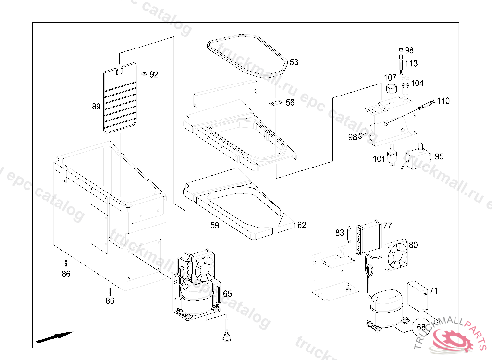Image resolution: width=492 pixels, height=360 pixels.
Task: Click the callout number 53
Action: [x=294, y=62]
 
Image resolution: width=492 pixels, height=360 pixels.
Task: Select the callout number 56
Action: [x=290, y=103]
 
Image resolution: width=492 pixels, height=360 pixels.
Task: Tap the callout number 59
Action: [x=214, y=225]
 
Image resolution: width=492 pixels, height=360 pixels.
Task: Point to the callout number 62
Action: [x=301, y=225]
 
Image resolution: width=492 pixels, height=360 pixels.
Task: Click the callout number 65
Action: [x=227, y=294]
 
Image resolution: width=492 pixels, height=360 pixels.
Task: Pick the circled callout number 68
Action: [x=421, y=327]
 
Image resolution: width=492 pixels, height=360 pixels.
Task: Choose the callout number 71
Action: [x=433, y=291]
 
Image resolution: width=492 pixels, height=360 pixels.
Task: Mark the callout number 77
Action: [x=387, y=226]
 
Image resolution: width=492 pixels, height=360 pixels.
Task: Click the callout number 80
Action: [x=413, y=245]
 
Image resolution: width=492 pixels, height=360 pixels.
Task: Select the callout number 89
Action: [x=96, y=107]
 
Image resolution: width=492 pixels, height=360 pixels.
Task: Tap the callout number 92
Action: [x=154, y=74]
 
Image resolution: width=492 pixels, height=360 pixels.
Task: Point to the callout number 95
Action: [x=439, y=156]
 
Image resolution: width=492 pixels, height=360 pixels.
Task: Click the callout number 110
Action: [x=443, y=101]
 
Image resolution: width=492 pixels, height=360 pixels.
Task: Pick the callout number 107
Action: [x=390, y=78]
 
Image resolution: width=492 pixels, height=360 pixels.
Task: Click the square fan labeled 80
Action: [x=397, y=255]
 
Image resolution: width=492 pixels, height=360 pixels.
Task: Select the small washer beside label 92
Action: [x=143, y=73]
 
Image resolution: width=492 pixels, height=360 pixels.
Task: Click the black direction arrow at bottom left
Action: [x=54, y=337]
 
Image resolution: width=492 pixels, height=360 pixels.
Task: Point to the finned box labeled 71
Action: [x=417, y=294]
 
